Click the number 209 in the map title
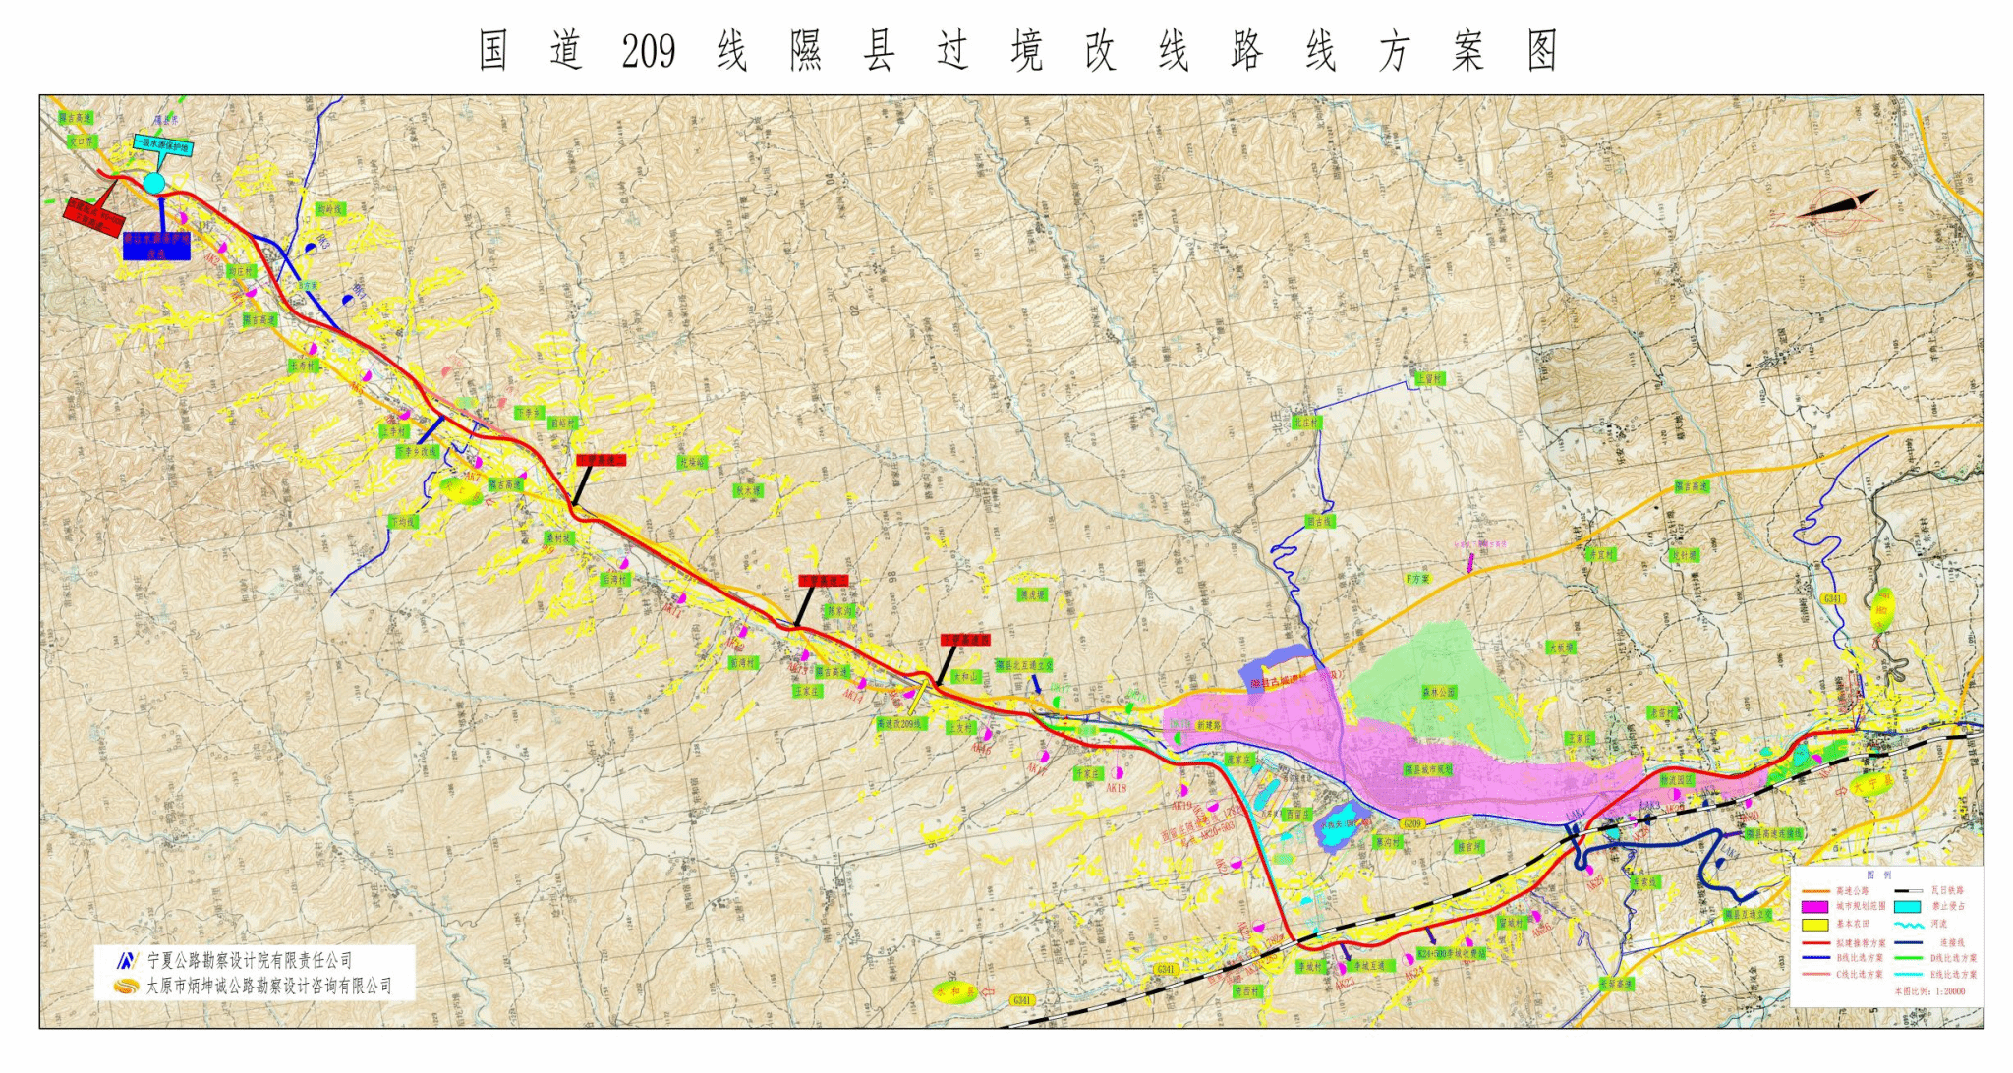648,52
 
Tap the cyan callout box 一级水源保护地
162,145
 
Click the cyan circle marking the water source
154,183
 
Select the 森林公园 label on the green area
1438,692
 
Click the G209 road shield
1412,823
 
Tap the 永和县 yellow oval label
956,992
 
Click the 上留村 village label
1429,379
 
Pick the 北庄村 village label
1307,423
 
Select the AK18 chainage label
1116,788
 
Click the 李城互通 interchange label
1367,966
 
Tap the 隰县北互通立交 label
1023,665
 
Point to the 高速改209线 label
900,723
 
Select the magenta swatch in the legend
1814,906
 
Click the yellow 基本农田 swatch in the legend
1814,924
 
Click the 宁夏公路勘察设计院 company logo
126,960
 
